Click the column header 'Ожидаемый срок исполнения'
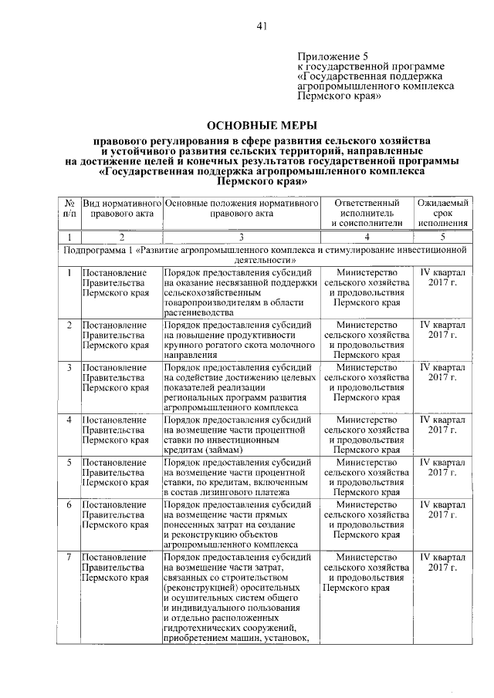[443, 212]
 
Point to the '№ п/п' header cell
[69, 207]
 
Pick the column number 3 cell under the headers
[241, 237]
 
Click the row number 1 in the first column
[69, 272]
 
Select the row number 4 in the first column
[69, 419]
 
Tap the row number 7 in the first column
[69, 556]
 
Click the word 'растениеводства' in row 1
[198, 314]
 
